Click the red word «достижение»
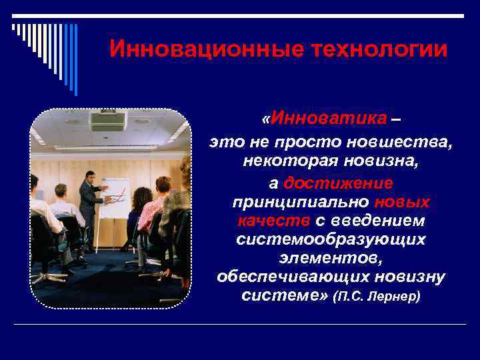point(338,183)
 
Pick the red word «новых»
point(402,201)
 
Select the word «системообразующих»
point(331,239)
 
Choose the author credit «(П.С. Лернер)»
point(377,295)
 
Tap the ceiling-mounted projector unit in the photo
point(107,121)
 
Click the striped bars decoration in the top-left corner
point(45,50)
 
